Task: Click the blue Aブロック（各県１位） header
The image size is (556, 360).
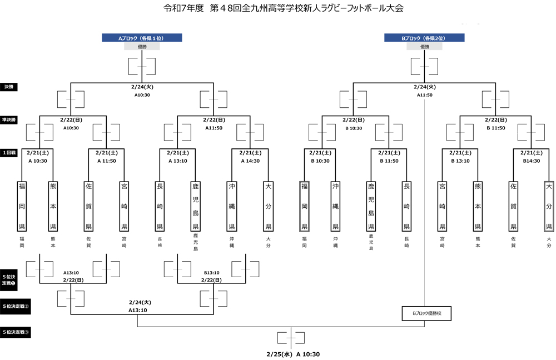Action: (142, 38)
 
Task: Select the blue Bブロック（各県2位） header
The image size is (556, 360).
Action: (424, 38)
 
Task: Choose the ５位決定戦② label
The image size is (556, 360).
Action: (15, 306)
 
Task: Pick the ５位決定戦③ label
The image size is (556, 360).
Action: (15, 332)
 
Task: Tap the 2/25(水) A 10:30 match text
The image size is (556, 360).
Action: (292, 354)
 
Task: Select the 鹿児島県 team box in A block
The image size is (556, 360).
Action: (195, 206)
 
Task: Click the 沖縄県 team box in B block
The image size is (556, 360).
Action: (335, 206)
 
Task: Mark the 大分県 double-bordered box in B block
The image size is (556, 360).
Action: (549, 206)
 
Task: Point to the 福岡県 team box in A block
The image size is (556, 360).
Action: (22, 206)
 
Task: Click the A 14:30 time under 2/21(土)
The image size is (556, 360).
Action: (251, 161)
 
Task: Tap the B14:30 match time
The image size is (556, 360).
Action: (532, 161)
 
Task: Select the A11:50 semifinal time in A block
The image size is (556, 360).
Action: (214, 128)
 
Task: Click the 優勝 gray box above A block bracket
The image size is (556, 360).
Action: (142, 47)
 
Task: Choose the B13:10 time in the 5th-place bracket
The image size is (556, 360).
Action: (212, 273)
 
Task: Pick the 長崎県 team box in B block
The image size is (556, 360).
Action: (406, 206)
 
